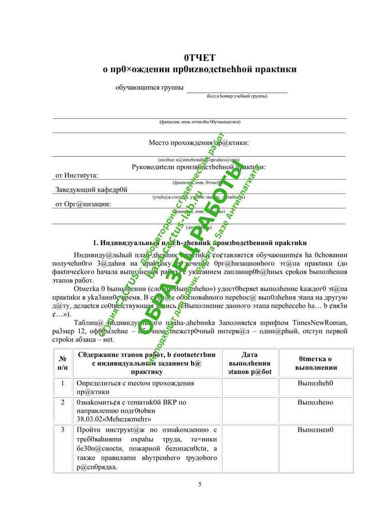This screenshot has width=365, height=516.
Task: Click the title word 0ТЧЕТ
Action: [199, 57]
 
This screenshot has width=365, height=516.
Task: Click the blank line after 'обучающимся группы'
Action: [236, 89]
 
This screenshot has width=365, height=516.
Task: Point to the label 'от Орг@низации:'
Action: [83, 204]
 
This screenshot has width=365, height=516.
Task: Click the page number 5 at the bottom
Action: [200, 483]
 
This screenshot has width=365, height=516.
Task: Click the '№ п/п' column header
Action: [62, 362]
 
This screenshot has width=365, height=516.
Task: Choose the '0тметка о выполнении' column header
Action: [315, 363]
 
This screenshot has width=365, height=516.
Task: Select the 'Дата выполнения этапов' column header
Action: [249, 363]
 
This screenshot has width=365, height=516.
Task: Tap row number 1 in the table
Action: [62, 383]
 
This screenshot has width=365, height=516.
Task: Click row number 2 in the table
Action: [62, 402]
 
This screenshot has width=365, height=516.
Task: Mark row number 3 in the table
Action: [62, 430]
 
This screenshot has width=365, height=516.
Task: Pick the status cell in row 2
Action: [315, 402]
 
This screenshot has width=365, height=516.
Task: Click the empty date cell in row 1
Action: [249, 388]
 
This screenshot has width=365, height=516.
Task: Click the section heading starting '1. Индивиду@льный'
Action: [199, 243]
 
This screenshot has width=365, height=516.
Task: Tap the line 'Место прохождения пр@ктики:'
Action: [199, 142]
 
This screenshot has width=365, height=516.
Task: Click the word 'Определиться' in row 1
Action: [101, 383]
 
